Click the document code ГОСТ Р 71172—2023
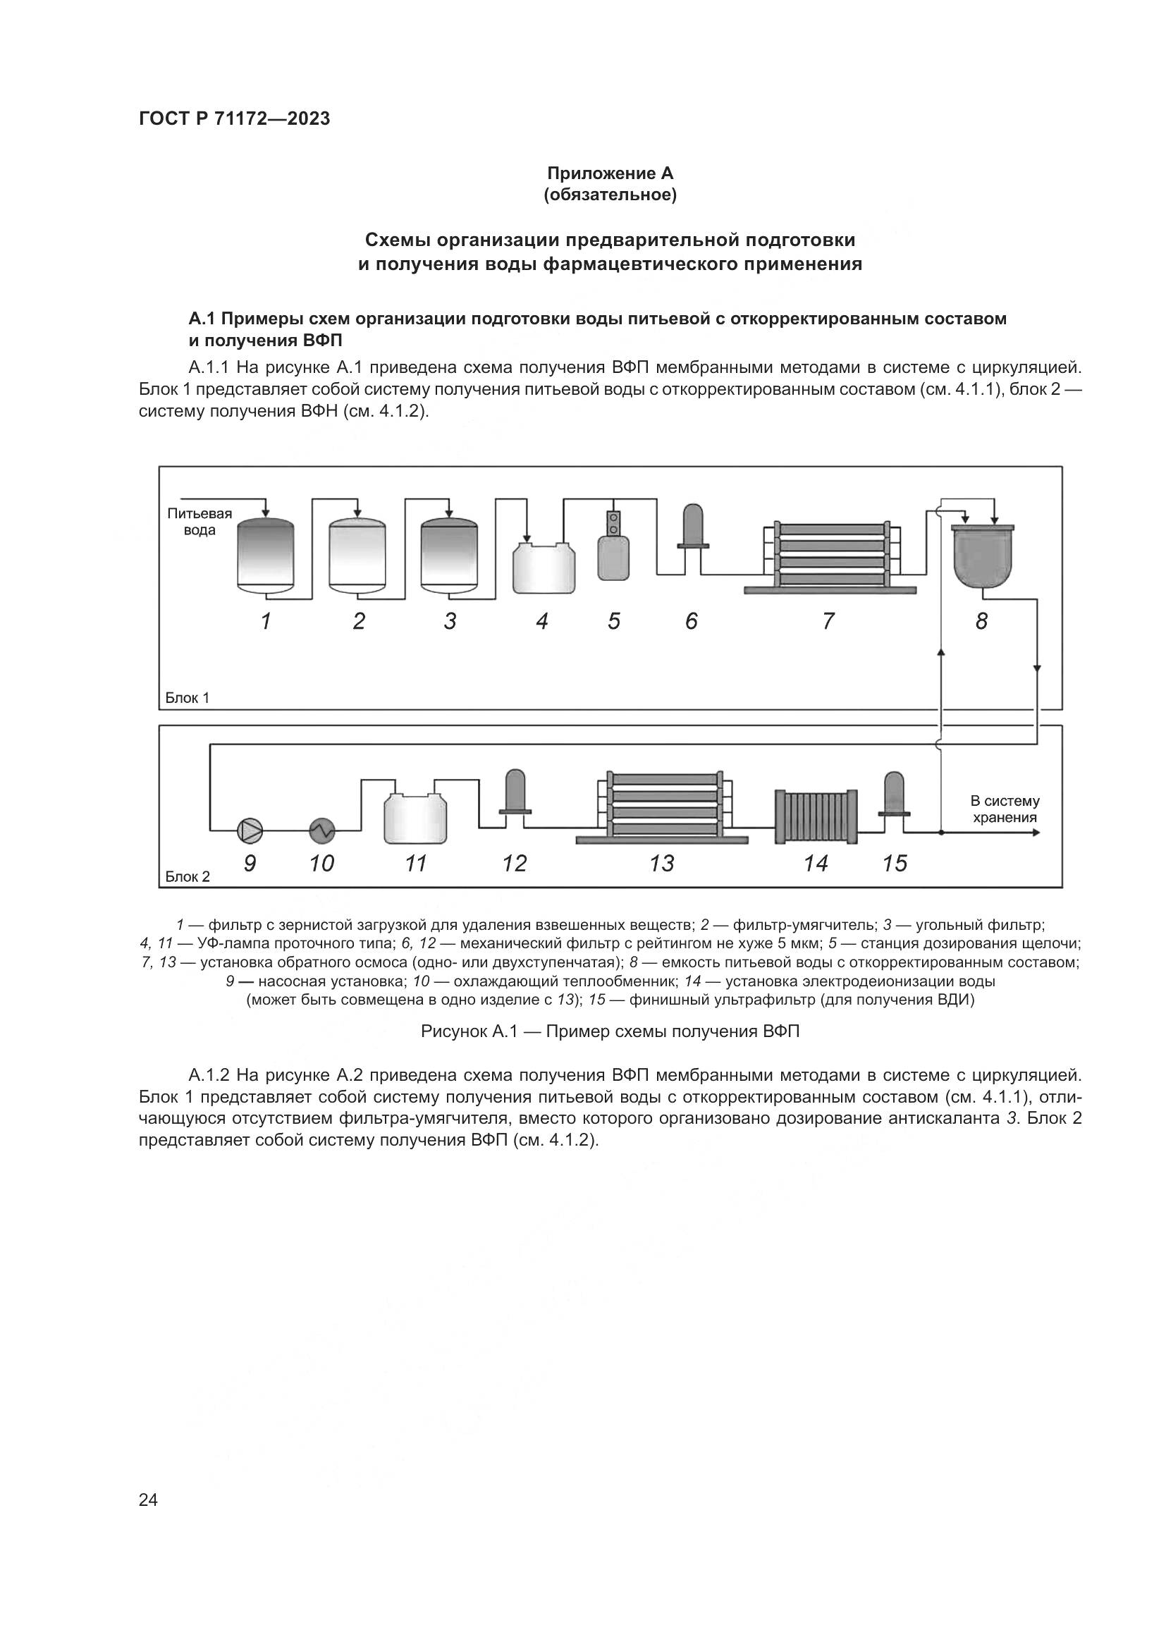point(234,119)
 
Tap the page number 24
point(148,1481)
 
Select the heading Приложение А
point(610,173)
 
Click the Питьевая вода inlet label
point(200,522)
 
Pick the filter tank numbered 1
point(265,555)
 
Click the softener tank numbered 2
point(357,555)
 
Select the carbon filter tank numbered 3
point(449,555)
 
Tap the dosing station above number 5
point(613,547)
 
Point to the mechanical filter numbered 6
point(694,528)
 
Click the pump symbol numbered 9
point(250,831)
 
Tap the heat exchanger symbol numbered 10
point(322,831)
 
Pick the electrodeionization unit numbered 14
point(816,816)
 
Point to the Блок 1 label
point(188,698)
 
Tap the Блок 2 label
point(188,876)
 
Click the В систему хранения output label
point(1004,809)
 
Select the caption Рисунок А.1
point(610,1032)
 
